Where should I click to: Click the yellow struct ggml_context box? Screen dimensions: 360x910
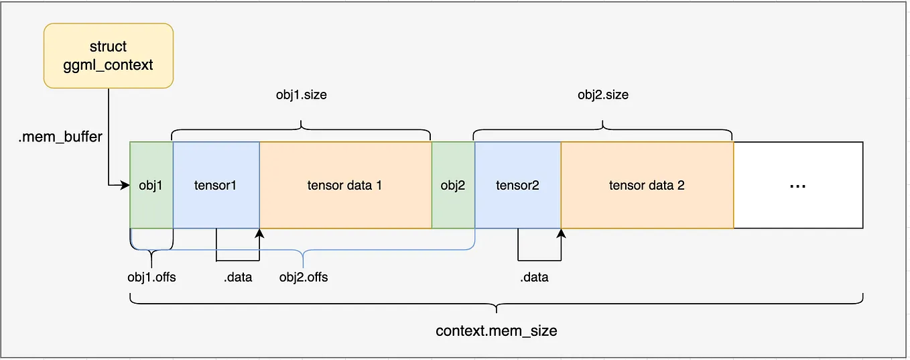pos(109,56)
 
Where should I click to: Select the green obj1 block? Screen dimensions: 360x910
pos(151,185)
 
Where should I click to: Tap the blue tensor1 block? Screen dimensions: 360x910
pos(216,185)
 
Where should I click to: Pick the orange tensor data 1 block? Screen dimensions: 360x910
pos(345,185)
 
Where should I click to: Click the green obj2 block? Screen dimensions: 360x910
pos(452,185)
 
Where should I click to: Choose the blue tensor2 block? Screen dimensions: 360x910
pos(517,185)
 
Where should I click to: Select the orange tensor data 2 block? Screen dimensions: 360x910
pos(647,185)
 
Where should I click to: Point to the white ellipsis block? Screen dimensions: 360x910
pos(797,185)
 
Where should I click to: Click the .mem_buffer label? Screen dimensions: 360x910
pos(60,137)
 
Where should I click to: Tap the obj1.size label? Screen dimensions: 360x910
pos(302,95)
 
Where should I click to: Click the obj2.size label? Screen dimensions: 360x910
pos(603,95)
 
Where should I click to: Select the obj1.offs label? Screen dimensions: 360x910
pos(151,276)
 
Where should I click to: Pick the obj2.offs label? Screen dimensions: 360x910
pos(304,276)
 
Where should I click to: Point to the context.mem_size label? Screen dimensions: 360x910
pos(497,331)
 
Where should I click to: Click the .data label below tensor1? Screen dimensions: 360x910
pos(238,276)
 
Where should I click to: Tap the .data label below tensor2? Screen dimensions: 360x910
pos(534,276)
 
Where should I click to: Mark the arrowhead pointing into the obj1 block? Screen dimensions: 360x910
pos(125,185)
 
